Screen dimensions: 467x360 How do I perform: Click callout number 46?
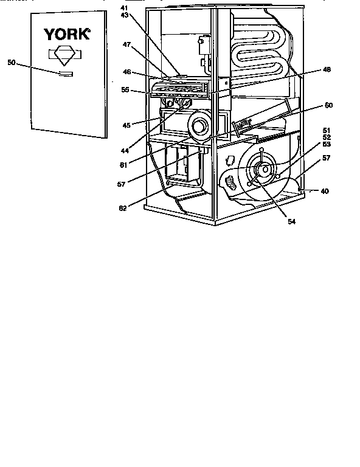127,72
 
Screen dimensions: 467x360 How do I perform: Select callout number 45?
126,125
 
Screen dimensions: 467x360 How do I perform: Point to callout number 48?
327,70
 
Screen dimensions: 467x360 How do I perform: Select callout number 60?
328,105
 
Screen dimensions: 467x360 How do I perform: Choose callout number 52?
327,137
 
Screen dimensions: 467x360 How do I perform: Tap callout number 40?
325,191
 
